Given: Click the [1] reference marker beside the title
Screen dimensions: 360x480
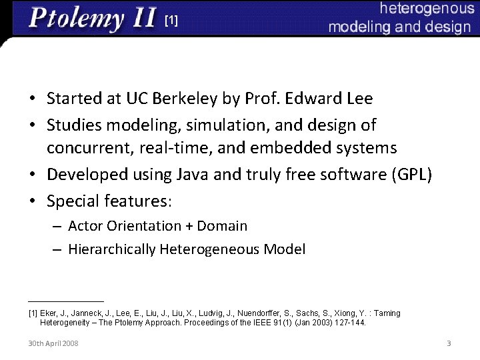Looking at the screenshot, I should pyautogui.click(x=171, y=21).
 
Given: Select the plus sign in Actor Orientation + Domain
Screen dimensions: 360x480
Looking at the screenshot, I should pyautogui.click(x=188, y=226).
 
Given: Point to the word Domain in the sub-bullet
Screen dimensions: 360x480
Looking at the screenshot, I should pyautogui.click(x=222, y=226).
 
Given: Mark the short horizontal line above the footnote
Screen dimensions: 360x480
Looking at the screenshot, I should pyautogui.click(x=66, y=301).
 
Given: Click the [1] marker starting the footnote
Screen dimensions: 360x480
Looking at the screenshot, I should pyautogui.click(x=33, y=313).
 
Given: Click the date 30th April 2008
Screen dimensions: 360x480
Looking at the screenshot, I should pyautogui.click(x=53, y=343).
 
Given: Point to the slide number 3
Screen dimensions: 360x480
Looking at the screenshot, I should pyautogui.click(x=449, y=343).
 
